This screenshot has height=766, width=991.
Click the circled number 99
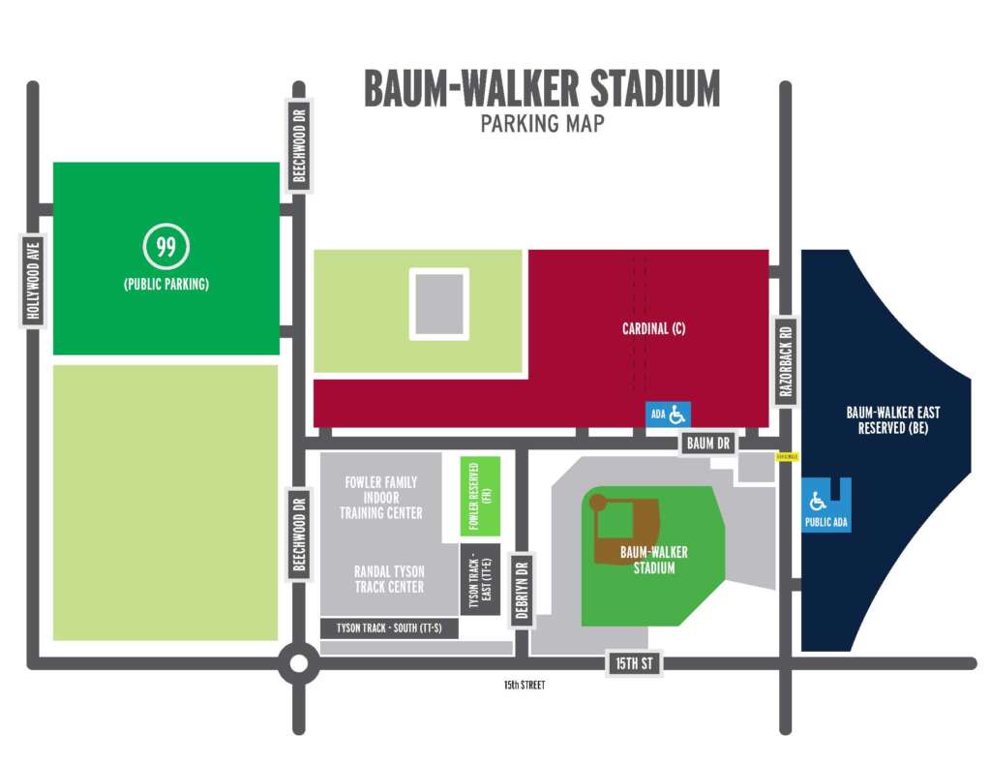(165, 247)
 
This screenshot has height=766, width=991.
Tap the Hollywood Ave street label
(34, 280)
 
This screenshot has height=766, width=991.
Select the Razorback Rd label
(786, 357)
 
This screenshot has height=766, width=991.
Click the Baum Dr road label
(708, 444)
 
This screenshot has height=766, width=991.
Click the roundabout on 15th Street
(298, 664)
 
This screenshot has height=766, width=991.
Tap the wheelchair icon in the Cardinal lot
(677, 414)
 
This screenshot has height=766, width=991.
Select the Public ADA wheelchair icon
(819, 502)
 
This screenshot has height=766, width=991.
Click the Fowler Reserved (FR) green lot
(481, 496)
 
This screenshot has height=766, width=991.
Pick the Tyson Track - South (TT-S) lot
(388, 628)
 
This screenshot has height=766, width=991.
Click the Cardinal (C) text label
(653, 328)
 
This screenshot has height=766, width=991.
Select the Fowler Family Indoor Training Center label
(381, 497)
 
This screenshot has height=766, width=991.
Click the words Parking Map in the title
(542, 124)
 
